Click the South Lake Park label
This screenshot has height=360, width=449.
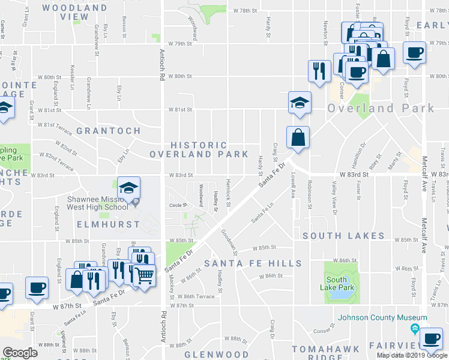tap(337, 283)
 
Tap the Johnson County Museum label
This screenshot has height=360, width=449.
tap(382, 317)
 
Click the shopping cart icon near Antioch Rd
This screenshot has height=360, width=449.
tap(144, 276)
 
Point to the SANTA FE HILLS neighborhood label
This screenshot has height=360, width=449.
tap(253, 263)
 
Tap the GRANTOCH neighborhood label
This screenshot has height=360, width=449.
tap(109, 130)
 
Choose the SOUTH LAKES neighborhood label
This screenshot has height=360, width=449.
tap(343, 236)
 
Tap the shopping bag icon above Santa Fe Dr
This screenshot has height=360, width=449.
tap(298, 138)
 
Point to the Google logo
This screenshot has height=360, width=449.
tap(20, 353)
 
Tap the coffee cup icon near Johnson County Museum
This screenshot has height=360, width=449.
tap(432, 338)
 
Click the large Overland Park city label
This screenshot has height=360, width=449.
tap(381, 109)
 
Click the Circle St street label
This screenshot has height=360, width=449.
tap(178, 205)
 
